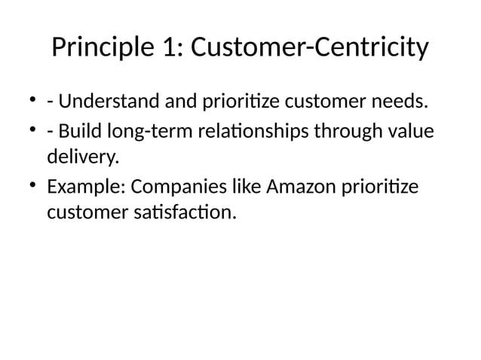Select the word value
tap(414, 132)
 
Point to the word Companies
tap(179, 187)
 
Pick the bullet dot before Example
tap(33, 186)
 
